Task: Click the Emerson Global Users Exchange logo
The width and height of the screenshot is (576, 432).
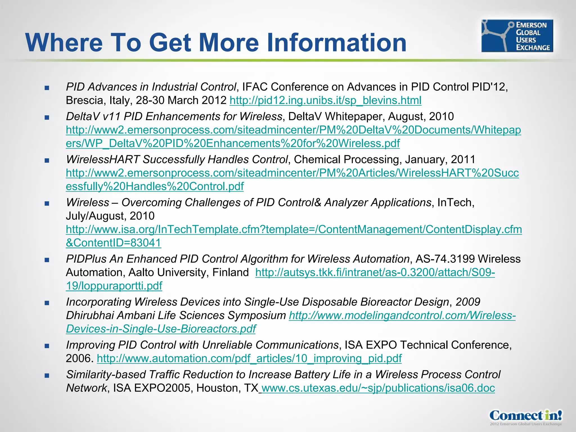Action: (x=517, y=36)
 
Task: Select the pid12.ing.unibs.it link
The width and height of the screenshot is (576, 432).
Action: (x=325, y=100)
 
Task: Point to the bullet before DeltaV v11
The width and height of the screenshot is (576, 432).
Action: (x=47, y=118)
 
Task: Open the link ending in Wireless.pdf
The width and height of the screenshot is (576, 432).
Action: (x=233, y=143)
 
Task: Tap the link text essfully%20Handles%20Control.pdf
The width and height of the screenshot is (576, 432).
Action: (x=155, y=186)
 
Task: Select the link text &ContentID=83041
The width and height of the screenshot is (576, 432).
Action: (x=113, y=243)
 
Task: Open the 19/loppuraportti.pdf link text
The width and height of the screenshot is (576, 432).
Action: (x=114, y=286)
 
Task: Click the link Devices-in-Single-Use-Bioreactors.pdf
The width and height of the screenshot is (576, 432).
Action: (x=161, y=329)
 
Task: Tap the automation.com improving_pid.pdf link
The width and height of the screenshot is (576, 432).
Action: (x=249, y=359)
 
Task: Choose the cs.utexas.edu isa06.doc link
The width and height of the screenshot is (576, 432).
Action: (x=378, y=388)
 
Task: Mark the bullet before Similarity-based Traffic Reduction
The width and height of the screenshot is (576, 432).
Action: (x=47, y=376)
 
